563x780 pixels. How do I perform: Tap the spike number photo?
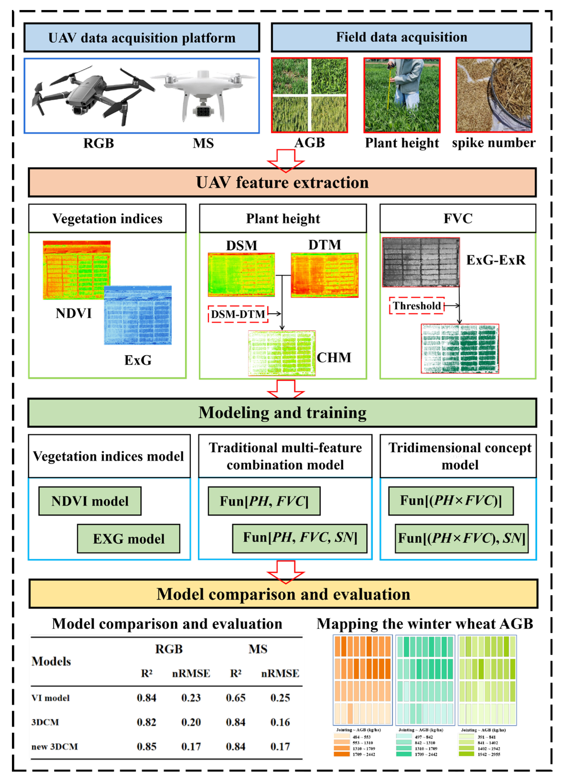pyautogui.click(x=494, y=95)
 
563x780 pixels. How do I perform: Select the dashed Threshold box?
pyautogui.click(x=417, y=306)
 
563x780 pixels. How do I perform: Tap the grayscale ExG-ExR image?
pyautogui.click(x=421, y=262)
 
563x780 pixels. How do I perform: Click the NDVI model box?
pyautogui.click(x=90, y=501)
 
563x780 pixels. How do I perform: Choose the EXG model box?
pyautogui.click(x=129, y=538)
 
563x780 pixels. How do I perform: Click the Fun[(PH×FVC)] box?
pyautogui.click(x=451, y=501)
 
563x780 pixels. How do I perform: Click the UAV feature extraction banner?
pyautogui.click(x=282, y=183)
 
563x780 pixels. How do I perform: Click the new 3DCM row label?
pyautogui.click(x=55, y=746)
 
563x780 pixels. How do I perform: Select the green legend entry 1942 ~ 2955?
pyautogui.click(x=489, y=754)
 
